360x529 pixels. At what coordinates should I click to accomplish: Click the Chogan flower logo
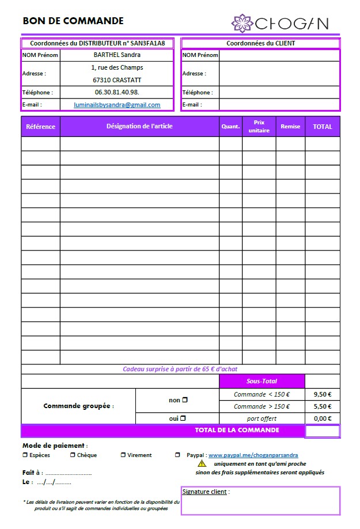point(242,23)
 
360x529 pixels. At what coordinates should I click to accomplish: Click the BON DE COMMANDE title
point(73,21)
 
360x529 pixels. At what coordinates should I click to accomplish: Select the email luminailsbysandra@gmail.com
point(117,105)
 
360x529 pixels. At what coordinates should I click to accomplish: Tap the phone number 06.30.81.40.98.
point(117,92)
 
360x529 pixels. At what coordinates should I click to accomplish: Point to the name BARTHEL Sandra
point(117,55)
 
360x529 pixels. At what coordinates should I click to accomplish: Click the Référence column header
point(41,127)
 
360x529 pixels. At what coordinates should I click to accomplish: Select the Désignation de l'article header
point(139,127)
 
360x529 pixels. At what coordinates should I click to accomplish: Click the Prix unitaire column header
point(259,127)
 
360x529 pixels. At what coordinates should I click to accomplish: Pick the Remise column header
point(290,127)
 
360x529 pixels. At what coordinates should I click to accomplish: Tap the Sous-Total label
point(262,382)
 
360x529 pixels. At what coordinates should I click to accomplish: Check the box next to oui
point(183,418)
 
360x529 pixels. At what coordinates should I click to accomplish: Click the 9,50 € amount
point(323,395)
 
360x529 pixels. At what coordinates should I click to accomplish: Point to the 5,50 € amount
point(323,406)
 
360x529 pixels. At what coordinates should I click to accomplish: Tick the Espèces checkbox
point(25,455)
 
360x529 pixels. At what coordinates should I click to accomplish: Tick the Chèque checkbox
point(73,455)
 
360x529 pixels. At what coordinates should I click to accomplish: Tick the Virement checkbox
point(123,455)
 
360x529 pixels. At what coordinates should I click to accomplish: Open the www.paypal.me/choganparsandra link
point(253,455)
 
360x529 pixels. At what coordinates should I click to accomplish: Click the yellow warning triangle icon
point(202,463)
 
